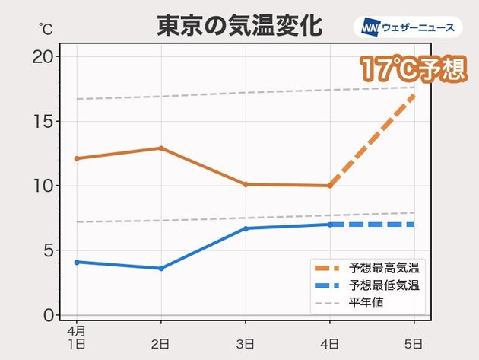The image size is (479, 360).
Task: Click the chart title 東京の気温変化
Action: coord(239,25)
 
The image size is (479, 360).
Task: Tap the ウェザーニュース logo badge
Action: coord(408,28)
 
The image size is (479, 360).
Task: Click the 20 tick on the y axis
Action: coord(45,56)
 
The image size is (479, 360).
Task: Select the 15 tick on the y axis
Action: coord(45,121)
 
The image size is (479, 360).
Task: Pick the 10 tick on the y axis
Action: coord(45,186)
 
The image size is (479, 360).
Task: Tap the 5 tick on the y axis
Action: coord(49,250)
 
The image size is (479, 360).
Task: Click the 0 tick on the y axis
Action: coord(49,314)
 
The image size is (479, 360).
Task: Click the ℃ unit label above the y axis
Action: coord(46,29)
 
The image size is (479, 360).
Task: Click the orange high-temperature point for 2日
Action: coord(161,148)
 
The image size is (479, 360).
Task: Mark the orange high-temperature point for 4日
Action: coord(330,186)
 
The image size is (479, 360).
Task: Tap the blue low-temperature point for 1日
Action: coord(77,262)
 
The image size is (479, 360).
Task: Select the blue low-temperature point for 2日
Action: coord(161,268)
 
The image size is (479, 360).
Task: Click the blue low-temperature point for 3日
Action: coord(246,228)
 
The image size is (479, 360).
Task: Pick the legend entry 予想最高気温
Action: coord(383,268)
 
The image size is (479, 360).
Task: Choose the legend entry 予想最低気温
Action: coord(383,285)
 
